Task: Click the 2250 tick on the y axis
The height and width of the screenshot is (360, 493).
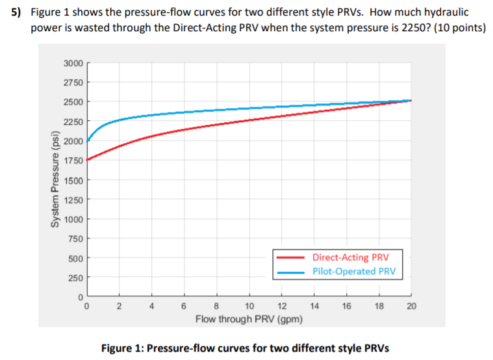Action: [x=73, y=122]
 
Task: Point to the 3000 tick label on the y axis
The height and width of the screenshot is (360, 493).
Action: [x=73, y=63]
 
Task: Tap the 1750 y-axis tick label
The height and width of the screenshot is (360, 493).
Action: [x=73, y=161]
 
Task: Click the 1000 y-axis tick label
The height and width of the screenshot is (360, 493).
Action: [x=73, y=219]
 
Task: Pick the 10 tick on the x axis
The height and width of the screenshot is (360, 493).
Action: [x=249, y=306]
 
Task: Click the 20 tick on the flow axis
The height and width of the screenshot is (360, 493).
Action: [x=411, y=306]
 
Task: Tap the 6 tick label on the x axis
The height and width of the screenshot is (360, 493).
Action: [x=184, y=306]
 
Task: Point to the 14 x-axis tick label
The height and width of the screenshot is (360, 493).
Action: [x=314, y=306]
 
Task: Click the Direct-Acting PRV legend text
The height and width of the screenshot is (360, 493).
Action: [x=350, y=257]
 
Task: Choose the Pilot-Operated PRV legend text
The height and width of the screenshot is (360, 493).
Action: [x=353, y=271]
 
